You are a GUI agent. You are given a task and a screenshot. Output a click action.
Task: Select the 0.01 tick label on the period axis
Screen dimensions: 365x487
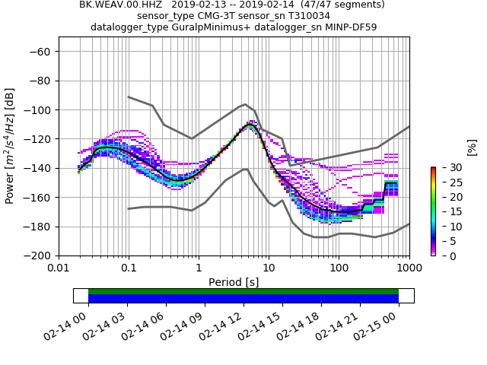[x=59, y=268]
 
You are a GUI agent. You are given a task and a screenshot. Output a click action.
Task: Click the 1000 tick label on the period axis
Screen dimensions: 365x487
[x=409, y=268]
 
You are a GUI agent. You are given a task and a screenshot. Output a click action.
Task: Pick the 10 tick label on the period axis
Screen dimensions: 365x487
[x=269, y=268]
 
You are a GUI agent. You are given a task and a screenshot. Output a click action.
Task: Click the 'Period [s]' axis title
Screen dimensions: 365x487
[x=234, y=282]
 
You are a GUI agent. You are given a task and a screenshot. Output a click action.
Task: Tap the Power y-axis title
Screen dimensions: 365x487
[x=11, y=154]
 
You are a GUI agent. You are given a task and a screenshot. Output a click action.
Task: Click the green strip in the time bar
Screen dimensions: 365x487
[x=243, y=291]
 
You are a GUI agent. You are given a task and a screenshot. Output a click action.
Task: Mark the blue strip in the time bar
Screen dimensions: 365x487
[x=243, y=299]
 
